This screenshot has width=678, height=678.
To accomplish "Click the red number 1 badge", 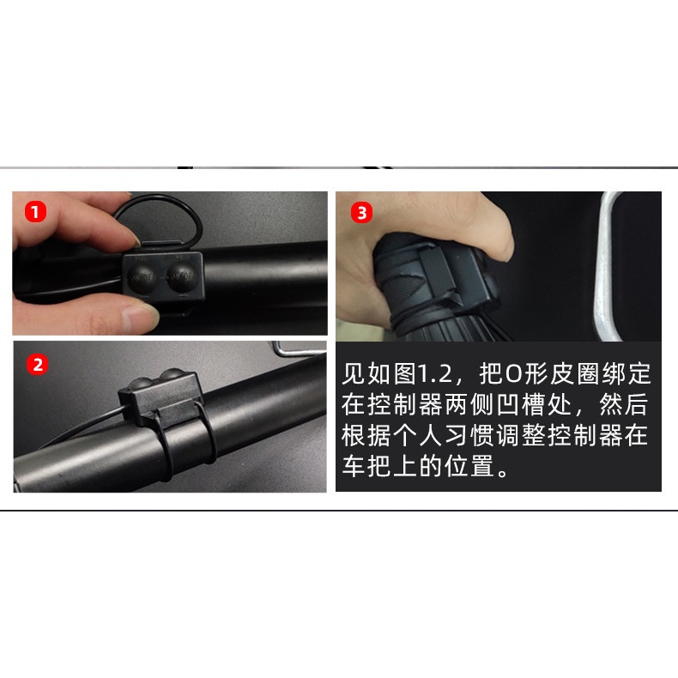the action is (35, 212).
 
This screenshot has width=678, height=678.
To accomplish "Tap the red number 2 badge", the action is (38, 365).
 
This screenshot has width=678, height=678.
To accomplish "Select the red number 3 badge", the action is (362, 213).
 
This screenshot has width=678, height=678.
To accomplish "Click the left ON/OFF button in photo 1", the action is (142, 276).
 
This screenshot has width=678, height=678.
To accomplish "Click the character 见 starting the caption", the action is (354, 373).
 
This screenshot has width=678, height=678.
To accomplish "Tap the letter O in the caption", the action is (514, 374).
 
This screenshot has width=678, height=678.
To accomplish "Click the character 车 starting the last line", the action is (354, 466).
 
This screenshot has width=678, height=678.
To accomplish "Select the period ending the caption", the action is (503, 472).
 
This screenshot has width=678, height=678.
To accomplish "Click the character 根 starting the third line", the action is (354, 435).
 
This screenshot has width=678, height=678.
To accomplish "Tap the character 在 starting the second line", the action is (354, 405).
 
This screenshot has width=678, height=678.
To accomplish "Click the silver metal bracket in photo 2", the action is (299, 349).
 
